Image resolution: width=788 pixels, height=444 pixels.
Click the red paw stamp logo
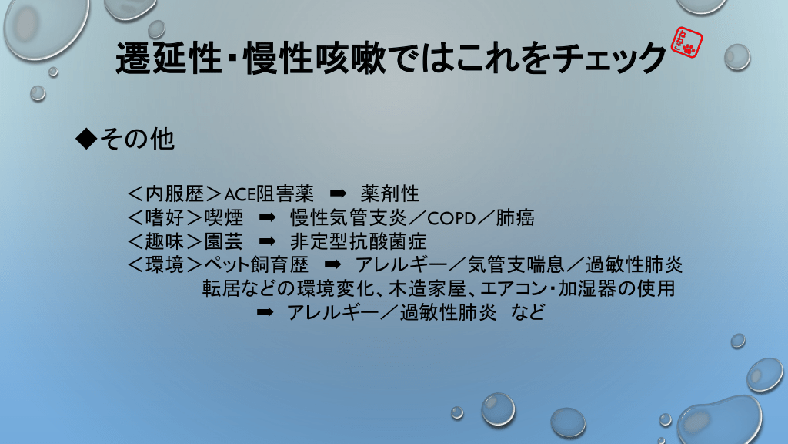(x=687, y=42)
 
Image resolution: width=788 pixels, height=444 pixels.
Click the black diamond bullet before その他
(x=86, y=139)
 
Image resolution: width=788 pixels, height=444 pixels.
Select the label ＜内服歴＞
(x=175, y=193)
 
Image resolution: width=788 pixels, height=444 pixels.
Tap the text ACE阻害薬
(x=269, y=193)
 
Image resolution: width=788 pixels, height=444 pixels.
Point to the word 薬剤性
(x=390, y=193)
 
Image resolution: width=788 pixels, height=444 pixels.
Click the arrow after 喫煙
(x=267, y=217)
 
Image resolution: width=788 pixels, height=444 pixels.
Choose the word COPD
(x=451, y=218)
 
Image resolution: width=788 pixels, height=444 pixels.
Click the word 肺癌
(x=515, y=217)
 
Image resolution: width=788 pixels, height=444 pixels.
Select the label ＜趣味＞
(x=165, y=241)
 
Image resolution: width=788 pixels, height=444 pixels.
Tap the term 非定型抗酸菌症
(x=359, y=241)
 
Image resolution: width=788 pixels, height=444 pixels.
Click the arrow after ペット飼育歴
(x=332, y=264)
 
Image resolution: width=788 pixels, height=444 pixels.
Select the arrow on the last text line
(x=265, y=312)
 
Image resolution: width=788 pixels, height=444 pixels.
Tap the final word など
(x=528, y=312)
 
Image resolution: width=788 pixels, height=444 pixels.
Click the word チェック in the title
(x=609, y=57)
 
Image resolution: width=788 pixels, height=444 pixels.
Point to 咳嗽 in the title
(x=351, y=57)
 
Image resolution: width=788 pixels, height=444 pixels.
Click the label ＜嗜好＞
(x=165, y=217)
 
